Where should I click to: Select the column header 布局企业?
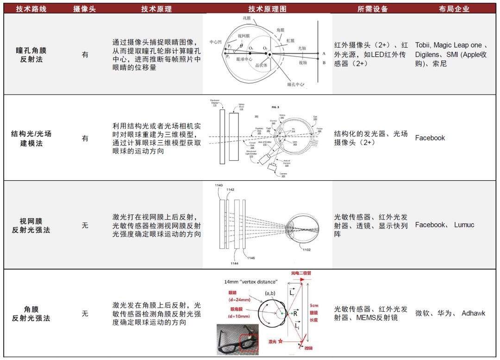pyautogui.click(x=454, y=9)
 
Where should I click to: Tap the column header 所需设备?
pyautogui.click(x=373, y=9)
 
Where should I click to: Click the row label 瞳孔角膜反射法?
pyautogui.click(x=31, y=55)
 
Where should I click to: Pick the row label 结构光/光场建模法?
pyautogui.click(x=31, y=138)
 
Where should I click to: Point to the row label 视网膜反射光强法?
pyautogui.click(x=31, y=225)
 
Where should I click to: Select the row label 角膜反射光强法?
pyautogui.click(x=31, y=314)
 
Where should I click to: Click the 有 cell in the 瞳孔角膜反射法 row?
pyautogui.click(x=85, y=55)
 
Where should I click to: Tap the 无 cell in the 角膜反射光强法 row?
pyautogui.click(x=85, y=314)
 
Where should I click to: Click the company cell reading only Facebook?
pyautogui.click(x=430, y=138)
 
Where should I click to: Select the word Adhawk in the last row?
pyautogui.click(x=473, y=313)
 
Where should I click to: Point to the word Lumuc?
pyautogui.click(x=464, y=225)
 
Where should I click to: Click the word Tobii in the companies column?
pyautogui.click(x=422, y=45)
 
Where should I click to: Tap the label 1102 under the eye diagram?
pyautogui.click(x=306, y=250)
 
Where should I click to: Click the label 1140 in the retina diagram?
pyautogui.click(x=220, y=185)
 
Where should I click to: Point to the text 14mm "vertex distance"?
pyautogui.click(x=251, y=282)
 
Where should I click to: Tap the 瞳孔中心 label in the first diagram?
pyautogui.click(x=295, y=85)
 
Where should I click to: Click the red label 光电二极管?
pyautogui.click(x=300, y=273)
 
